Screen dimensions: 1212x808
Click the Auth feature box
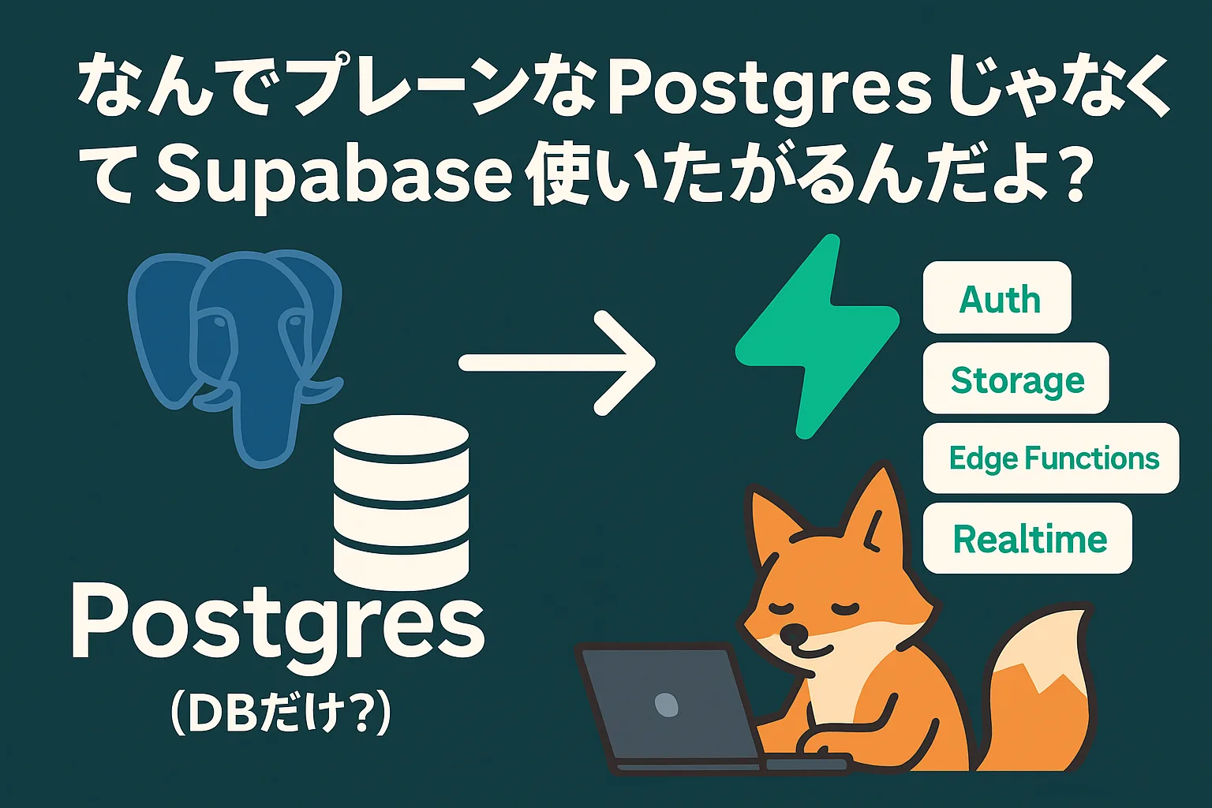(x=997, y=297)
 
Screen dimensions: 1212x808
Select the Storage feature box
(x=1016, y=378)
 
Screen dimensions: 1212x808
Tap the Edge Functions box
(x=1051, y=458)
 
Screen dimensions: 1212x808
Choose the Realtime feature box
(x=1027, y=538)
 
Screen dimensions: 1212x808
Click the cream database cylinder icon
(x=401, y=503)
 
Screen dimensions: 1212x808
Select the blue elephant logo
(x=236, y=357)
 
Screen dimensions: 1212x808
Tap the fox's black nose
(x=795, y=633)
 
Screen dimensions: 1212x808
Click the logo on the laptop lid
(x=667, y=704)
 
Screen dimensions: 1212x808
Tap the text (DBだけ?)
(x=280, y=713)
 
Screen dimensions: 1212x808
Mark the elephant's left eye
(x=219, y=323)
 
